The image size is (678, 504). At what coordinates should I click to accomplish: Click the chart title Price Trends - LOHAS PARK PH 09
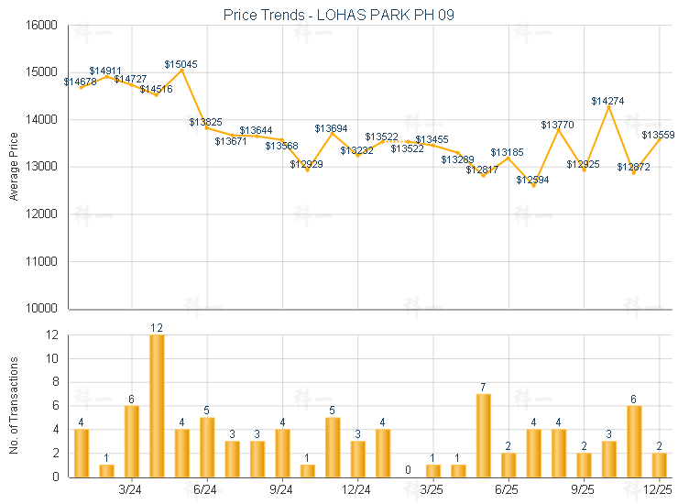pyautogui.click(x=339, y=15)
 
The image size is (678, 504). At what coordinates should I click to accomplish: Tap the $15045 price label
pyautogui.click(x=180, y=64)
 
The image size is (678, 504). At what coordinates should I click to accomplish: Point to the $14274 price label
pyautogui.click(x=607, y=101)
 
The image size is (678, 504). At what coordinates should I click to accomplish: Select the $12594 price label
pyautogui.click(x=532, y=180)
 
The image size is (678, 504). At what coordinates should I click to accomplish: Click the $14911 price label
pyautogui.click(x=105, y=71)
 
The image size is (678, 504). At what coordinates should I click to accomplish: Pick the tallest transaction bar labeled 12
pyautogui.click(x=157, y=405)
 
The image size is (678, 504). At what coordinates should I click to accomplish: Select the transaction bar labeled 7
pyautogui.click(x=483, y=435)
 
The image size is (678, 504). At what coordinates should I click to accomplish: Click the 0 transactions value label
pyautogui.click(x=408, y=470)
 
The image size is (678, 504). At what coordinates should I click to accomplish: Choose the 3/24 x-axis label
pyautogui.click(x=130, y=489)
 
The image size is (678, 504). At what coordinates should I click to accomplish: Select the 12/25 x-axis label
pyautogui.click(x=659, y=489)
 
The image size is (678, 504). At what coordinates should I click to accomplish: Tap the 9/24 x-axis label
pyautogui.click(x=281, y=489)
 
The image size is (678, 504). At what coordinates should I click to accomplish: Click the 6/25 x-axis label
pyautogui.click(x=507, y=489)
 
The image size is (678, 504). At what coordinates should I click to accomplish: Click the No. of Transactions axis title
pyautogui.click(x=14, y=406)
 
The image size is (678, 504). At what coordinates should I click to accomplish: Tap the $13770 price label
pyautogui.click(x=557, y=125)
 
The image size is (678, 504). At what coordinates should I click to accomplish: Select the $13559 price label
pyautogui.click(x=659, y=136)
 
